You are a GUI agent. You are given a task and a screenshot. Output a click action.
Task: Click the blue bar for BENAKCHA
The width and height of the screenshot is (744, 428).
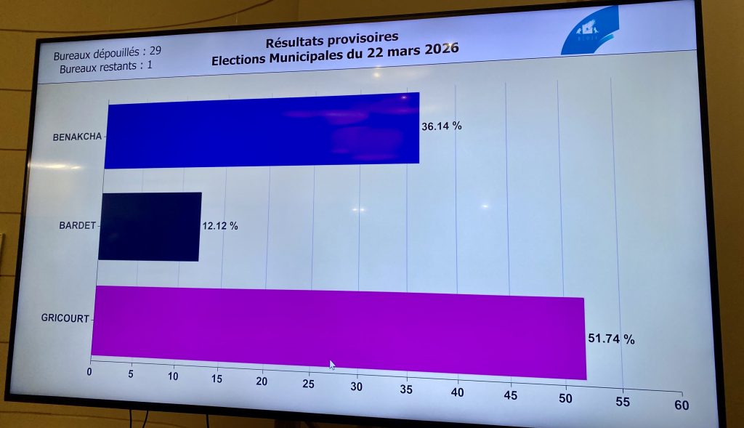(x=262, y=129)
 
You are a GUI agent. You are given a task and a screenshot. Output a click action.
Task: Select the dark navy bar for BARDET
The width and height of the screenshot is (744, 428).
(x=150, y=225)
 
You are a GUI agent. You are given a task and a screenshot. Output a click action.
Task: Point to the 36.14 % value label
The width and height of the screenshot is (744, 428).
(x=442, y=126)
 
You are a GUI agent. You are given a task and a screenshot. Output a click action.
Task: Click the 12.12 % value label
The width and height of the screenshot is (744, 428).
(x=219, y=226)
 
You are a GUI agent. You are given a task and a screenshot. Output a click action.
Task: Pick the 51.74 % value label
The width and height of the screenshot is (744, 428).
(x=611, y=339)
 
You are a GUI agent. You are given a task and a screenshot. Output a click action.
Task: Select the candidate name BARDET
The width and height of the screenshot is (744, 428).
(x=77, y=225)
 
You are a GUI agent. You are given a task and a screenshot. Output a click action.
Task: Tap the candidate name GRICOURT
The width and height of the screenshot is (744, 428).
(x=66, y=317)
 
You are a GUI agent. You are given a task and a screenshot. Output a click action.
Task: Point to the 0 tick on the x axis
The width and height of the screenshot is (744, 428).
(x=89, y=371)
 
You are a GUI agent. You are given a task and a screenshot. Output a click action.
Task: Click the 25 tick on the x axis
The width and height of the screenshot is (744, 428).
(x=309, y=383)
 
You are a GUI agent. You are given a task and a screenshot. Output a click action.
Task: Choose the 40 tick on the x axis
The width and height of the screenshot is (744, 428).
(x=457, y=392)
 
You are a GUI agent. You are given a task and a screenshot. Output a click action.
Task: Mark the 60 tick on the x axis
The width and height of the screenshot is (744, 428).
(x=682, y=405)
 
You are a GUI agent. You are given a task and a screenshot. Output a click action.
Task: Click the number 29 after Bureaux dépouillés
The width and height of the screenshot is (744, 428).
(x=155, y=52)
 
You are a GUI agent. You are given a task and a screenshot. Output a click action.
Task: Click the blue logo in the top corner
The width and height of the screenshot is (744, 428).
(x=591, y=31)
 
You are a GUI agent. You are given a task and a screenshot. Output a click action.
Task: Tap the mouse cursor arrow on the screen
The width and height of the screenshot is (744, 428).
(x=332, y=365)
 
